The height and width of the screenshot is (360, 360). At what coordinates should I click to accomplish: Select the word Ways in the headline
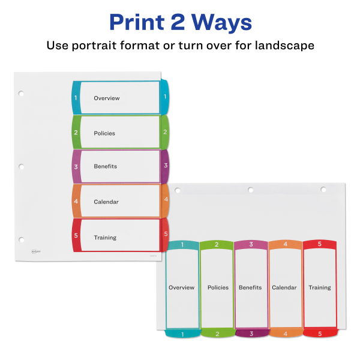(x=225, y=23)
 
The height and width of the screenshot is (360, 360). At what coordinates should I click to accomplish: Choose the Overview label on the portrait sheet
(x=107, y=98)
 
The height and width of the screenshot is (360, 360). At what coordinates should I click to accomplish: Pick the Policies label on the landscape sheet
(x=218, y=287)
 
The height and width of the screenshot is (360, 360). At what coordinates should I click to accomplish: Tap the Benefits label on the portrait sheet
(x=105, y=166)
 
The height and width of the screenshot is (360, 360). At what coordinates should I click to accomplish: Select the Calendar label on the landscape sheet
(x=284, y=287)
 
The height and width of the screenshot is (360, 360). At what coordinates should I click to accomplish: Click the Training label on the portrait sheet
(x=105, y=238)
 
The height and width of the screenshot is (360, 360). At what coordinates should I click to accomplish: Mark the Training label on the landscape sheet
(x=319, y=287)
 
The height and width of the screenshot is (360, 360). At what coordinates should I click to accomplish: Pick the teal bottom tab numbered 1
(x=182, y=334)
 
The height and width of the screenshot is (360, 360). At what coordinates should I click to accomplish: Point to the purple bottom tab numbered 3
(x=251, y=334)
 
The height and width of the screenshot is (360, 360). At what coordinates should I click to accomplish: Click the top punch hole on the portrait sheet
(x=21, y=94)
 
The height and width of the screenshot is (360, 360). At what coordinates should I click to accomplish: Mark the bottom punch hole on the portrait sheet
(x=21, y=239)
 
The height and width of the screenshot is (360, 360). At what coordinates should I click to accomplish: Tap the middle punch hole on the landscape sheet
(x=250, y=190)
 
